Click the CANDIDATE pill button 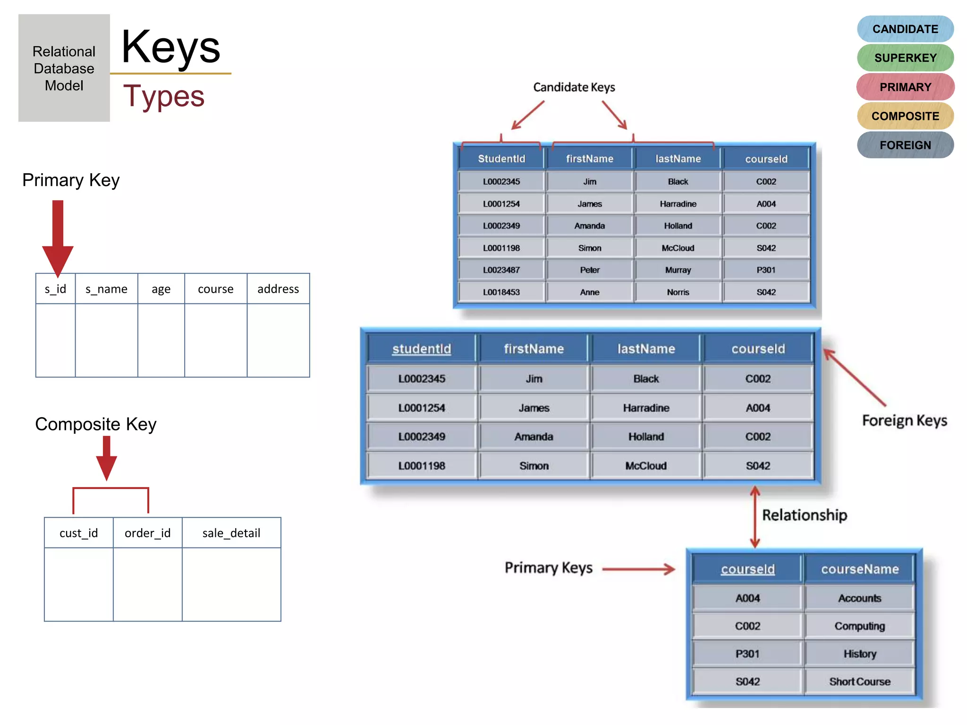(905, 29)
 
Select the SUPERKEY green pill (905, 58)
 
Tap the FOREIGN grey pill (905, 145)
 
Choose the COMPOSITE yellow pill (905, 116)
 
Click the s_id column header (55, 289)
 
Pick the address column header (278, 289)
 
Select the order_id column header (147, 533)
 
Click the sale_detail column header (231, 533)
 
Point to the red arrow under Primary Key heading (58, 236)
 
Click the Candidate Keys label (574, 87)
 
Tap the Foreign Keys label (904, 420)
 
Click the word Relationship (804, 515)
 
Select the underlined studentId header (422, 349)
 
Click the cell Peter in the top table (589, 270)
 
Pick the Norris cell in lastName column (678, 292)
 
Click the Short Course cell (859, 682)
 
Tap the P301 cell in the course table (747, 654)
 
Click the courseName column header (859, 569)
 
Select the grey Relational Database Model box (64, 68)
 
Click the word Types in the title (164, 96)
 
